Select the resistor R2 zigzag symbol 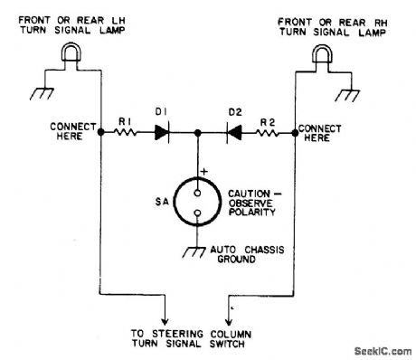click(269, 132)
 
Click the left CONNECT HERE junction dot click(99, 132)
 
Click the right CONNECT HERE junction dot click(295, 132)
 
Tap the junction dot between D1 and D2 click(198, 132)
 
